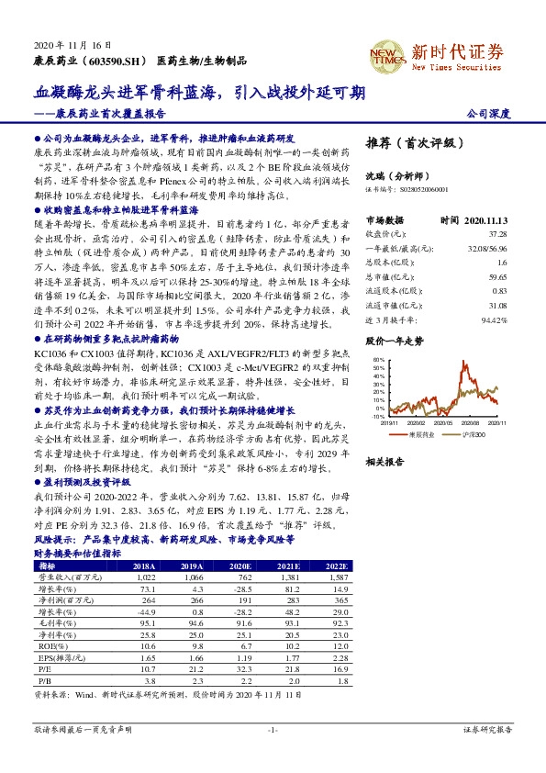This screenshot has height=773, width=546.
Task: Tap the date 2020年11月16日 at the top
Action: pyautogui.click(x=65, y=44)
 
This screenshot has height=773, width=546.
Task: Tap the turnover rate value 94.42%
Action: pyautogui.click(x=496, y=320)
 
